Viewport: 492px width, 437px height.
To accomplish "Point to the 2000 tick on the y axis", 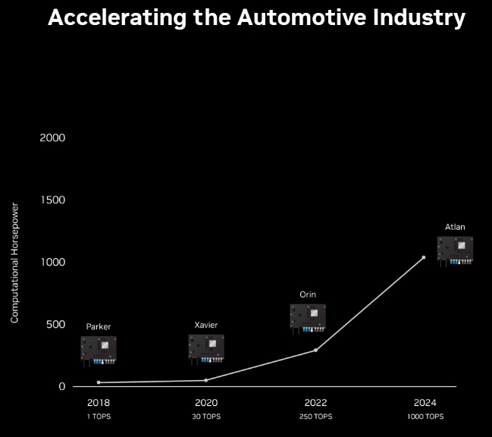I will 52,137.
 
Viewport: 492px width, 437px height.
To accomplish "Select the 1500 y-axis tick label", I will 52,200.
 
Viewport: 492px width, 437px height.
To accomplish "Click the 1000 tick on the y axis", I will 52,262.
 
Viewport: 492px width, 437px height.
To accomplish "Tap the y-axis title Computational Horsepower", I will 14,262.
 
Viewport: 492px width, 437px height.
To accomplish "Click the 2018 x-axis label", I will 99,402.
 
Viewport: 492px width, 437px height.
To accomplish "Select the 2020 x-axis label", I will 206,402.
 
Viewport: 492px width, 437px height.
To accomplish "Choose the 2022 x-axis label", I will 315,402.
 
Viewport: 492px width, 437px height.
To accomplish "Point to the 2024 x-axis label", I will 424,402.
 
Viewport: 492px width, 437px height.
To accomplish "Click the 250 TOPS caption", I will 315,417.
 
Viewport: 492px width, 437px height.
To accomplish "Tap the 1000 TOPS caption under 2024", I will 425,417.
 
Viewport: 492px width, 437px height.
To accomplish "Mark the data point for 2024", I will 423,257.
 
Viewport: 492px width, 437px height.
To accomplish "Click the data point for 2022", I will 315,350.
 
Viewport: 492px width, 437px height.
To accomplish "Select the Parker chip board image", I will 99,350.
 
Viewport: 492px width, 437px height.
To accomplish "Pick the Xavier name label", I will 206,325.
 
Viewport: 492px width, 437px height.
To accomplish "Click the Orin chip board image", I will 308,317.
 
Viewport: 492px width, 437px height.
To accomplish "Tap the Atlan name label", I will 456,226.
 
